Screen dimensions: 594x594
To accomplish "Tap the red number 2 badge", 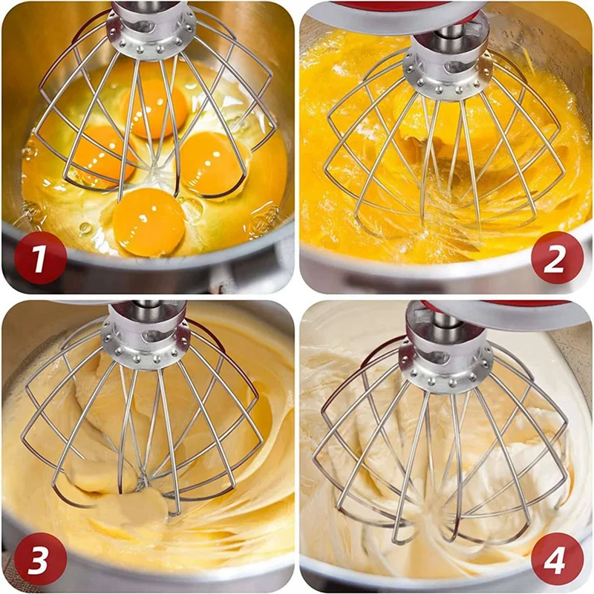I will point(555,258).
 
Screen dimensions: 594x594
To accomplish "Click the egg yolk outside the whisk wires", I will point(149,222).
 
